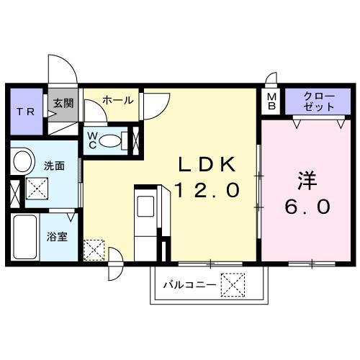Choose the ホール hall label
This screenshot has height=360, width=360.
[x=117, y=101]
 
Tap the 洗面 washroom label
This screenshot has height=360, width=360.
[x=54, y=165]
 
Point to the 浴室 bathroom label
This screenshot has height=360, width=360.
[x=58, y=236]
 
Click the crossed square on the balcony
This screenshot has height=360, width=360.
[x=232, y=285]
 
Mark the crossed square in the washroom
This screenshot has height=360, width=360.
[x=37, y=188]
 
